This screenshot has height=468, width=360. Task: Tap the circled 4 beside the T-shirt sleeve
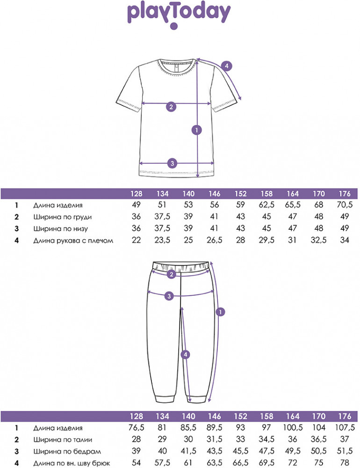226,66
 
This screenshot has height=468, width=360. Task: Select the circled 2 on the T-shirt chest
171,107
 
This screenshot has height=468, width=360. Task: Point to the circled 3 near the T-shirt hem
172,163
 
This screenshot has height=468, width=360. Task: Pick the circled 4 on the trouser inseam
186,355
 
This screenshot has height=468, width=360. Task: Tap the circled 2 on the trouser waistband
171,274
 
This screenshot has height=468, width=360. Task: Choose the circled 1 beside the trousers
221,311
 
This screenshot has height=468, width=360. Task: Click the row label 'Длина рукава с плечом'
73,241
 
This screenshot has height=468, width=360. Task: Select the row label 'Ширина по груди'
63,217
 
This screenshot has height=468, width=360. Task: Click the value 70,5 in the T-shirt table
344,205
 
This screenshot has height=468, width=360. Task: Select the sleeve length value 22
137,241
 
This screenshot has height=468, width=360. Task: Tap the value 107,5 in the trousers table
344,428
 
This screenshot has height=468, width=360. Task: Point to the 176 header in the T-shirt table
344,194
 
